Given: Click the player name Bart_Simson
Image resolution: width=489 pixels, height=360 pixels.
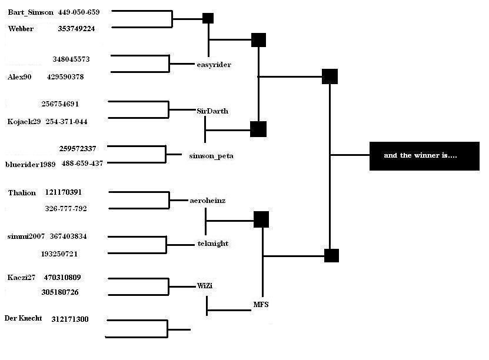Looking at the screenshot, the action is click(x=31, y=12).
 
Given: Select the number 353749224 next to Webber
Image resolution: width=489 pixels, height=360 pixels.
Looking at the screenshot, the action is click(x=76, y=29).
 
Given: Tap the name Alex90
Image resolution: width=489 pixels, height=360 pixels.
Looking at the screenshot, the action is click(x=19, y=76).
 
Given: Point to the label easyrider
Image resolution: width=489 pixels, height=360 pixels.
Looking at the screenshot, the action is click(x=214, y=65).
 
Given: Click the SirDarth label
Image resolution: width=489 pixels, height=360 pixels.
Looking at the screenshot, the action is click(x=212, y=111).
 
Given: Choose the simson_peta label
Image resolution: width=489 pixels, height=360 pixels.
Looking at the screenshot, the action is click(x=211, y=156).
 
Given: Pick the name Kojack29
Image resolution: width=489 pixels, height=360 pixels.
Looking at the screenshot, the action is click(x=24, y=122).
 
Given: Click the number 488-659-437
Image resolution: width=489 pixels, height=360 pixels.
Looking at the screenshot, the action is click(x=82, y=164).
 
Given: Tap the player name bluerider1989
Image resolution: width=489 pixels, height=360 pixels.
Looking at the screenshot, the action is click(x=30, y=164).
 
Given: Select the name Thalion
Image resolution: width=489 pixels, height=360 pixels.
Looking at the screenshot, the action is click(x=22, y=192).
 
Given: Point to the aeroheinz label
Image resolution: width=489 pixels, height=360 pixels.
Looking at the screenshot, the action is click(x=207, y=201).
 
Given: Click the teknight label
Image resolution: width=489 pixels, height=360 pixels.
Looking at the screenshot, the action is click(x=213, y=244).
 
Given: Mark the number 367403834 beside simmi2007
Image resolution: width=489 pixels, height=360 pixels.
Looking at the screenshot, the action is click(x=68, y=236).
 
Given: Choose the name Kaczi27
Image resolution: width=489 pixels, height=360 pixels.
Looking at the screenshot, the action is click(x=21, y=278).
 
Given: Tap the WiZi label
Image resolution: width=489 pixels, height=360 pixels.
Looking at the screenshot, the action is click(x=205, y=285).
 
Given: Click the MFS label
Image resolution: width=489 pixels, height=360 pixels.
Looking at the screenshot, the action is click(x=261, y=305).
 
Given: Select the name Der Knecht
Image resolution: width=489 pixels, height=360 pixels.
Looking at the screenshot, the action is click(x=23, y=318).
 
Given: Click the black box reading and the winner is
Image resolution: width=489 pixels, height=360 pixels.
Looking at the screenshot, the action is click(x=424, y=156).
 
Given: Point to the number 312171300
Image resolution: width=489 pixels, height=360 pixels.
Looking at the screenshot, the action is click(x=70, y=319).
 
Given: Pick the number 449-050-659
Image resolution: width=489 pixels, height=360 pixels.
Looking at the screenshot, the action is click(x=79, y=12).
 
